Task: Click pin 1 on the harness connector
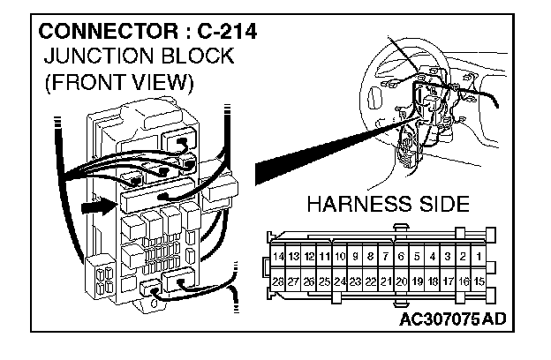478,256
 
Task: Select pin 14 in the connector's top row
279,256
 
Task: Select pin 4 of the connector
432,256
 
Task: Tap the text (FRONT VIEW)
119,84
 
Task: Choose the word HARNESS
359,206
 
